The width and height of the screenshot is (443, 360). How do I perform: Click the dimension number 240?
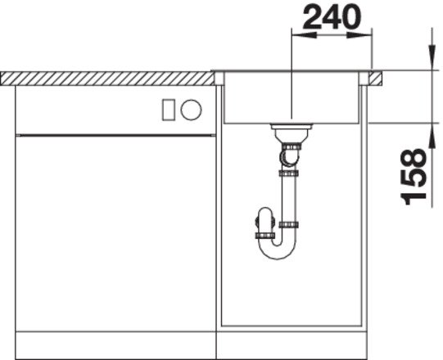(332, 17)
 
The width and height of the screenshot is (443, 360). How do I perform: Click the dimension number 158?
(414, 177)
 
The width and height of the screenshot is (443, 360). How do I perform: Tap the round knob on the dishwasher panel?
(192, 110)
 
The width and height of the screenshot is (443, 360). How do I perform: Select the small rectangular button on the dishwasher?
(169, 110)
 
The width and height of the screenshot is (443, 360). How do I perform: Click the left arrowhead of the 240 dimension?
(304, 35)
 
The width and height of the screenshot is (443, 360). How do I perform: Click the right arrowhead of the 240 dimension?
(359, 35)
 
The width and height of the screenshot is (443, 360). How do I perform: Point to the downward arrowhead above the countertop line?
(432, 57)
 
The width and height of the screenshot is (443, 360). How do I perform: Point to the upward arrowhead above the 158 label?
(432, 136)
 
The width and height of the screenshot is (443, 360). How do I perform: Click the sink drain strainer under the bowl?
(291, 133)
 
